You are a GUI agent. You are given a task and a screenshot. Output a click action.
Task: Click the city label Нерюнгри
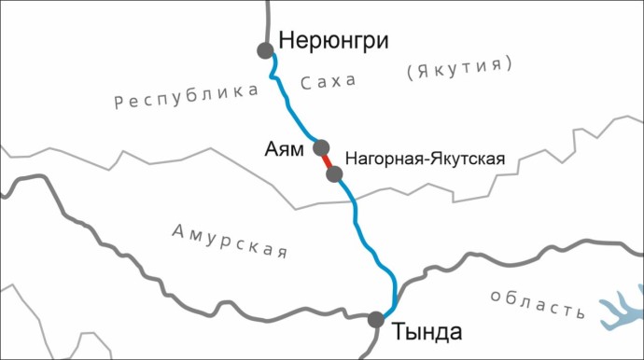(x=332, y=42)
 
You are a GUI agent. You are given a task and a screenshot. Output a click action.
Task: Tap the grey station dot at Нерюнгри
(x=265, y=49)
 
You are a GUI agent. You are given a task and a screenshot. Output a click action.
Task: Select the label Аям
(x=286, y=150)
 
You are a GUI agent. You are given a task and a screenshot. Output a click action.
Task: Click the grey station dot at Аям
(x=322, y=147)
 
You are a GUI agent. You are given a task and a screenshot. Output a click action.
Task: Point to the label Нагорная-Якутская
(x=425, y=159)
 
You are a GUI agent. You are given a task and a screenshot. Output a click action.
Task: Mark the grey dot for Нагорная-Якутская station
(x=334, y=173)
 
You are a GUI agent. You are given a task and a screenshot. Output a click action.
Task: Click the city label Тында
(x=427, y=331)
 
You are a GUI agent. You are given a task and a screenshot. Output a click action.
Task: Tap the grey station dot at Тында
(x=376, y=319)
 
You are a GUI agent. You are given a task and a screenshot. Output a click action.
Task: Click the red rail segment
(x=328, y=159)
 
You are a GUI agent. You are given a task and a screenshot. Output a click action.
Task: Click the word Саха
(x=329, y=82)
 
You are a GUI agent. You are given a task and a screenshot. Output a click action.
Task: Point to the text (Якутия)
(x=459, y=67)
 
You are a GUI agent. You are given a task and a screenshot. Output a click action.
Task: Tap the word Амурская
(x=230, y=240)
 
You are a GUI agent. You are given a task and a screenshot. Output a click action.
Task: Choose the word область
(x=537, y=301)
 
